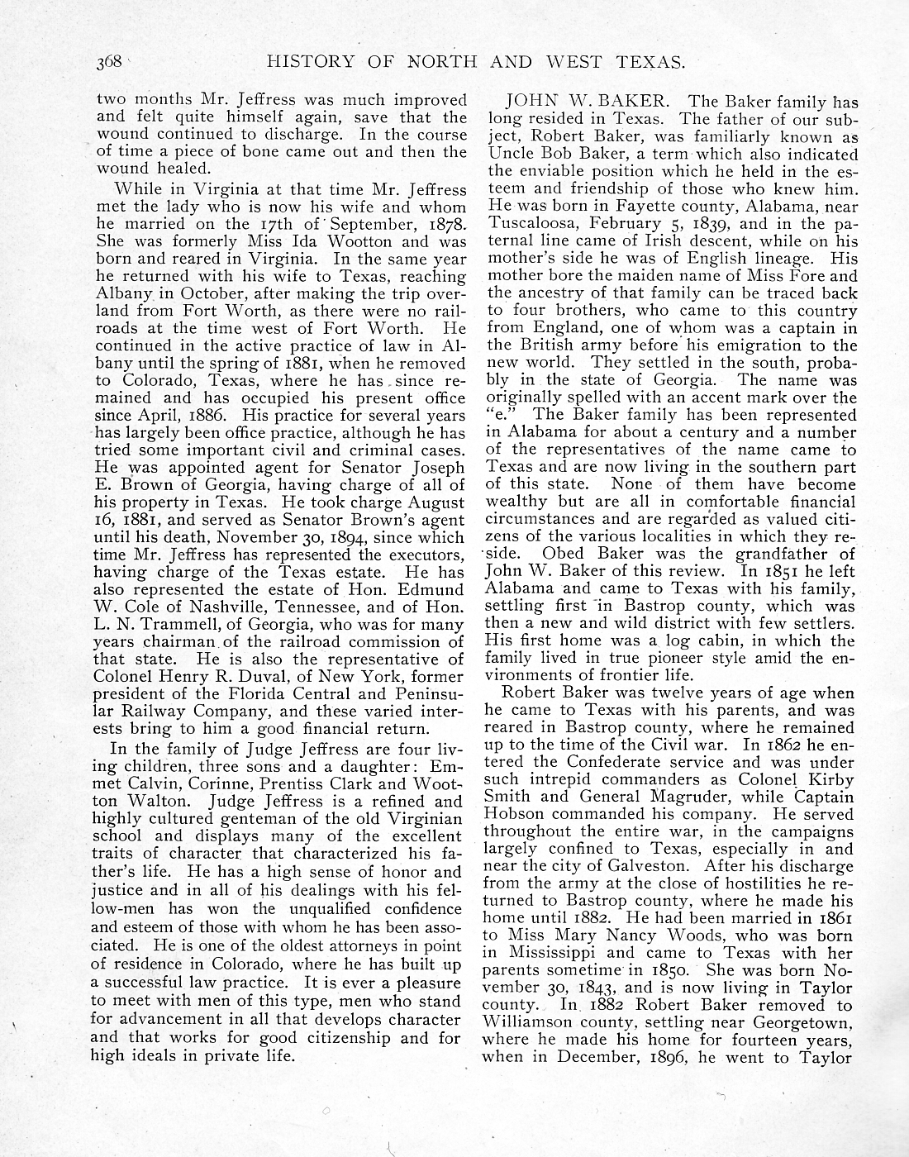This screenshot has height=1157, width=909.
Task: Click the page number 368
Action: tap(109, 61)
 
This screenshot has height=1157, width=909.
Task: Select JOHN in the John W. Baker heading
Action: tap(531, 102)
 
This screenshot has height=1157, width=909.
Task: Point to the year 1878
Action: tap(442, 225)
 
